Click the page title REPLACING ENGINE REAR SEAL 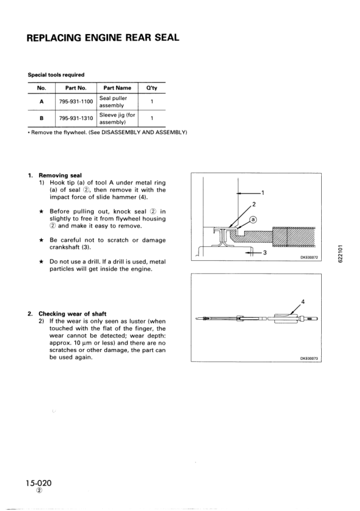[x=103, y=38]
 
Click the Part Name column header [x=117, y=88]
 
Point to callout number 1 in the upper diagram [x=263, y=193]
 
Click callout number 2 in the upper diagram [x=254, y=204]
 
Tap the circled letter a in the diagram [x=253, y=219]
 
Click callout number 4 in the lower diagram [x=302, y=302]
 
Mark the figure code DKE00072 [x=310, y=258]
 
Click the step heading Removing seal [x=59, y=176]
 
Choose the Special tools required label [x=56, y=75]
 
